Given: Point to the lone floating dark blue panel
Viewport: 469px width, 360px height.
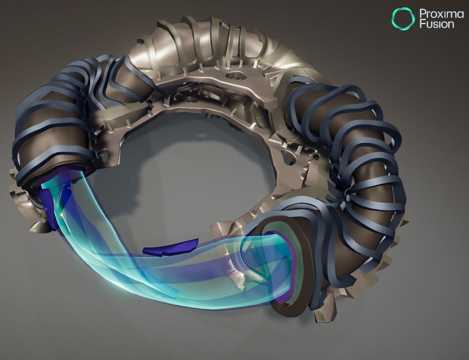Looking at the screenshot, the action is point(170,248).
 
